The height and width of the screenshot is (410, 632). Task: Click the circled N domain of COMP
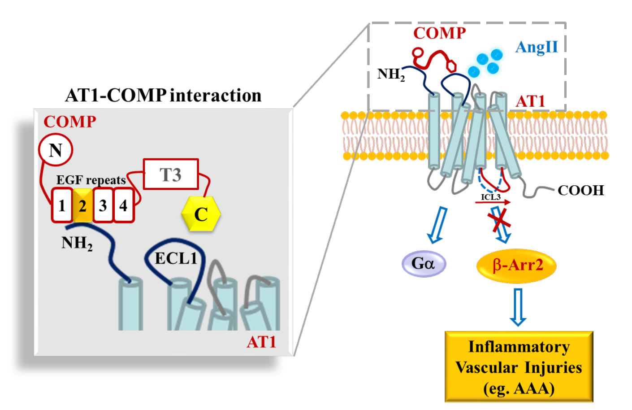(x=56, y=150)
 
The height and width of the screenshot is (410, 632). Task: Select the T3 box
(x=171, y=174)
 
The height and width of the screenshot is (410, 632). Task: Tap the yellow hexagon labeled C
(x=201, y=214)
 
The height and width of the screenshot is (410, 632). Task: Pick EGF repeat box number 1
(x=62, y=205)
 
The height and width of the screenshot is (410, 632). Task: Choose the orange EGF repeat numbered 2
(x=82, y=205)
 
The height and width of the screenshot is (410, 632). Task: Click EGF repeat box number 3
(x=103, y=205)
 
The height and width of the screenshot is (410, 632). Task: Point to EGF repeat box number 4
(x=123, y=205)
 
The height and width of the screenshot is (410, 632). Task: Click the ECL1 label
(x=176, y=258)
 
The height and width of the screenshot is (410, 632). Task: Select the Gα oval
(x=424, y=263)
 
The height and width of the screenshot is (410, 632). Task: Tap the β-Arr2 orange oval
(x=517, y=265)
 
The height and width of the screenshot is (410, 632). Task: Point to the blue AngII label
(x=536, y=47)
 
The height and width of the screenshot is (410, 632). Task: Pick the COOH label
(x=580, y=190)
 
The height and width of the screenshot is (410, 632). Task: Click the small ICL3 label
(x=490, y=197)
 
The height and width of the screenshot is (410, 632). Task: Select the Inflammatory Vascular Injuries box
(x=519, y=366)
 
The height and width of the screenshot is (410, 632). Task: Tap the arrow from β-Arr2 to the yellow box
(x=518, y=307)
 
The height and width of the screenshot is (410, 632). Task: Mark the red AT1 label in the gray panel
(x=261, y=342)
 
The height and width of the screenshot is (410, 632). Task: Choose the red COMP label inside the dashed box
(x=439, y=33)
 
